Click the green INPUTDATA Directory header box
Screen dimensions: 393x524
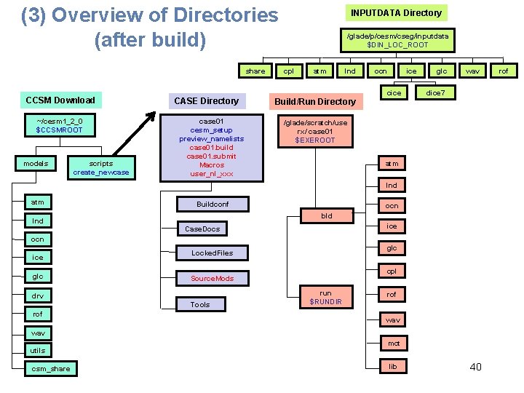click(396, 12)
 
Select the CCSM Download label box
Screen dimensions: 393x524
click(60, 100)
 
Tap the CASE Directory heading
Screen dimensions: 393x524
click(206, 100)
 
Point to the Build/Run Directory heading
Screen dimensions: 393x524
click(314, 101)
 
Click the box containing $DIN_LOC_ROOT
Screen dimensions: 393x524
click(397, 40)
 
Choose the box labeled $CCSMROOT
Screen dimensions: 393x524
click(60, 125)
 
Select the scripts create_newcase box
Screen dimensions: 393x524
click(100, 167)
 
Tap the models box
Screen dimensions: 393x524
click(36, 164)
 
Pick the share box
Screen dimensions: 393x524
click(255, 71)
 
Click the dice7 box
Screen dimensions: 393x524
click(440, 93)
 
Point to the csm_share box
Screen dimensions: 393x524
click(51, 368)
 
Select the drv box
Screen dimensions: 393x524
click(38, 295)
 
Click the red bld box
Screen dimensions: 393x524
click(327, 215)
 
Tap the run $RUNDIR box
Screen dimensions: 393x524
click(326, 297)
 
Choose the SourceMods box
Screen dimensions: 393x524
click(213, 278)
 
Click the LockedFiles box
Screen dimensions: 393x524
click(213, 253)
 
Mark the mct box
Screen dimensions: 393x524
click(393, 343)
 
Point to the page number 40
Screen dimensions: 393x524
click(475, 366)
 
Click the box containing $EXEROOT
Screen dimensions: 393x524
click(314, 131)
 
